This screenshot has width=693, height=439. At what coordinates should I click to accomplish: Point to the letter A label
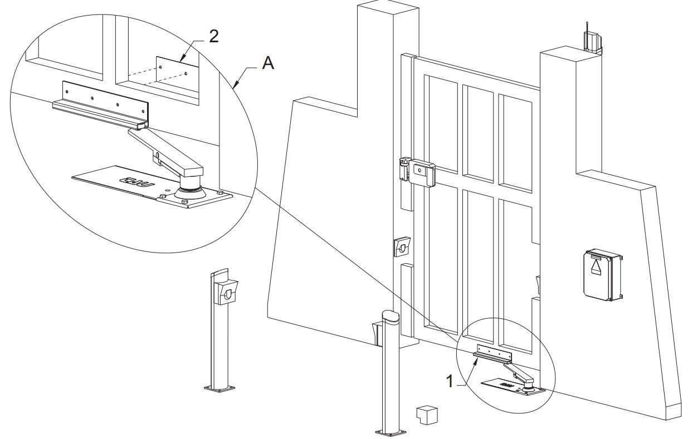coord(269,65)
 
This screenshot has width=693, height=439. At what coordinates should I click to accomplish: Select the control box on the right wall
coord(603,274)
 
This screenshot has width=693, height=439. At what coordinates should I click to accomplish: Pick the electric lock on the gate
coord(421,173)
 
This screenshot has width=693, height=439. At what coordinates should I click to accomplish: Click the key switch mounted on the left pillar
coord(402,246)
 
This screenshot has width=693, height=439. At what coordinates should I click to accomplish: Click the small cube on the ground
coord(427,415)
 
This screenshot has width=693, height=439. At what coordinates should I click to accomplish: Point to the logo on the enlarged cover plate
coord(134,181)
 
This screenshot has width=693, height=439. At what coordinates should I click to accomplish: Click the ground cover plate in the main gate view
coord(507,385)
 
